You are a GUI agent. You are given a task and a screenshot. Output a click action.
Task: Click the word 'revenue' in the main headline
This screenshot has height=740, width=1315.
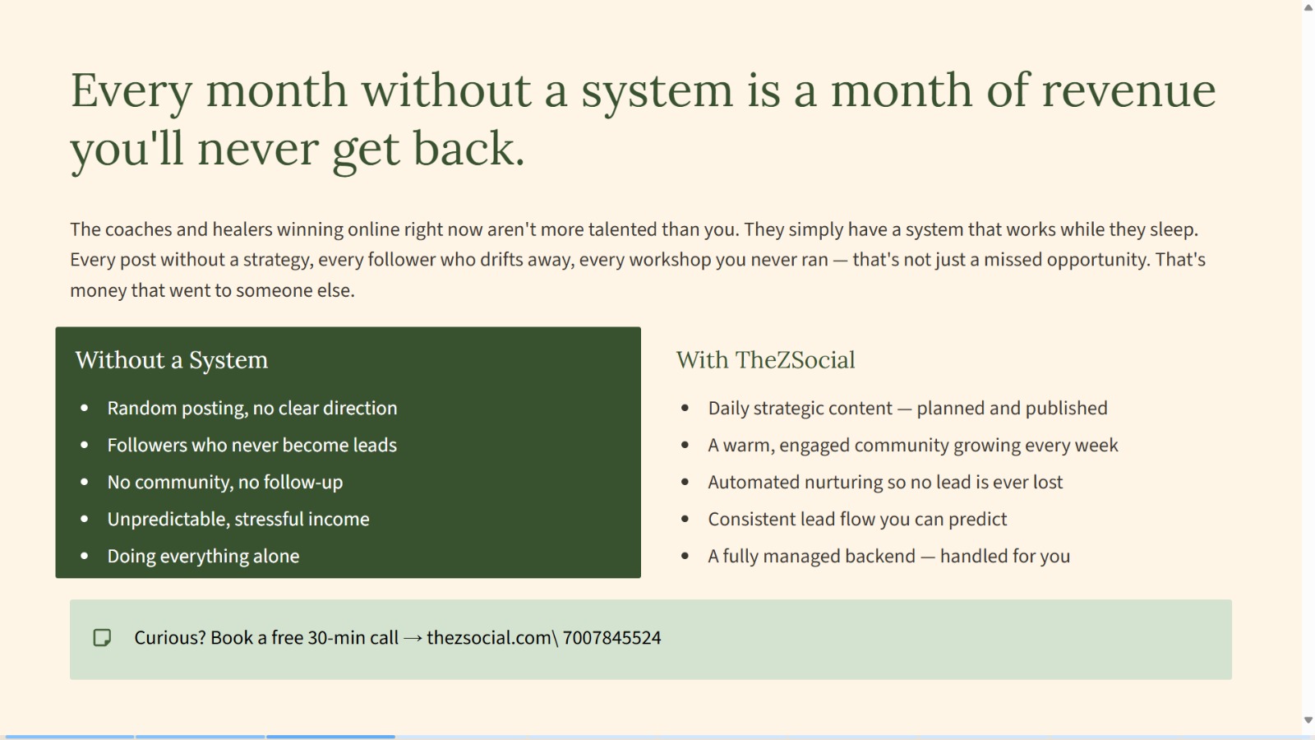[1128, 90]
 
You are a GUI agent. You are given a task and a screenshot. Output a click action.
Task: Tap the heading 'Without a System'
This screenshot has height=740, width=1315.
[172, 360]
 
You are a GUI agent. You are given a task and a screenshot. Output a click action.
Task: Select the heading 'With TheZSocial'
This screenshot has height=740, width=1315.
[765, 360]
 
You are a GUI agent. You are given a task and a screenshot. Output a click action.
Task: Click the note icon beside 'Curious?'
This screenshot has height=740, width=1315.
[102, 638]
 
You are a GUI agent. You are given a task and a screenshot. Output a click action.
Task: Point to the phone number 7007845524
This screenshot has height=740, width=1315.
[611, 638]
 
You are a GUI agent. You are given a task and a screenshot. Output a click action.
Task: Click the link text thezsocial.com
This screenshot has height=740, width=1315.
[489, 638]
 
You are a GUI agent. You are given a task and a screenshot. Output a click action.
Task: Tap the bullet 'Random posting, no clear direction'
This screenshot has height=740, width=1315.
[252, 408]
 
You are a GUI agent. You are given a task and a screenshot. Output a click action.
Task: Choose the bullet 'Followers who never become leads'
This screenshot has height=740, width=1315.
[251, 445]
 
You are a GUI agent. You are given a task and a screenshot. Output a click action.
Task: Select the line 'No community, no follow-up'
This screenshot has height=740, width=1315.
[225, 482]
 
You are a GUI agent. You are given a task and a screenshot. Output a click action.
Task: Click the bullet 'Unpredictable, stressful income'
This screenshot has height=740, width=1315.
[238, 519]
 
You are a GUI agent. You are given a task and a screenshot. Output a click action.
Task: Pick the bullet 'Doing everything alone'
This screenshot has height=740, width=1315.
[203, 556]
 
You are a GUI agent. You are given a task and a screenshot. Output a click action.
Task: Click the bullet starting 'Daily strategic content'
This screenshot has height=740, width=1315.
[907, 408]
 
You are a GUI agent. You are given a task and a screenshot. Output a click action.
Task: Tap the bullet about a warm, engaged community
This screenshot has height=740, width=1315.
[913, 445]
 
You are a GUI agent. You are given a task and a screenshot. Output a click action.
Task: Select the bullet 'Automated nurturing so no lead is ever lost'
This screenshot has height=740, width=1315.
[885, 482]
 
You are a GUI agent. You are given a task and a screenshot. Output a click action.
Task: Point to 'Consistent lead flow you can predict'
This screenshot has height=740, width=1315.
[857, 519]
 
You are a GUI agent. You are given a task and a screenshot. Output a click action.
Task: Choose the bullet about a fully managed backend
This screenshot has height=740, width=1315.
[888, 556]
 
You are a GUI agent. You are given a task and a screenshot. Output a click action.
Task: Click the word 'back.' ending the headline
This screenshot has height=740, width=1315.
[469, 149]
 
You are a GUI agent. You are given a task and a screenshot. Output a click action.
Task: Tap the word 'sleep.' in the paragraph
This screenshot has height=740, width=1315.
[1174, 229]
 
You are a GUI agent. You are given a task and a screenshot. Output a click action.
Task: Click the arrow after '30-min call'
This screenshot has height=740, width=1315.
[413, 638]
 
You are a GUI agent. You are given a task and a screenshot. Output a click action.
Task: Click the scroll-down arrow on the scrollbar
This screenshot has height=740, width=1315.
[1308, 720]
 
